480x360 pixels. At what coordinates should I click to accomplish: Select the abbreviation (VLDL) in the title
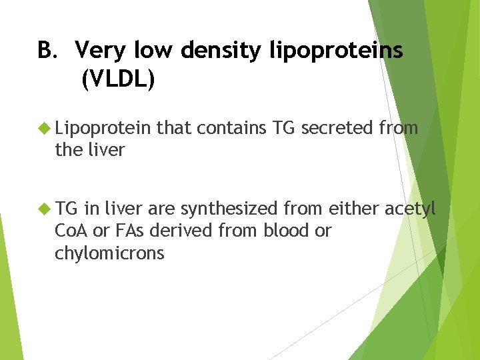pos(117,80)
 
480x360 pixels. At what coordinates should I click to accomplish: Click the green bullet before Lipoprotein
pos(45,127)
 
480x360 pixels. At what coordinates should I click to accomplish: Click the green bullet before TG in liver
pos(45,209)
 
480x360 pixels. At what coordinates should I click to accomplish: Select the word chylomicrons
pos(109,253)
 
